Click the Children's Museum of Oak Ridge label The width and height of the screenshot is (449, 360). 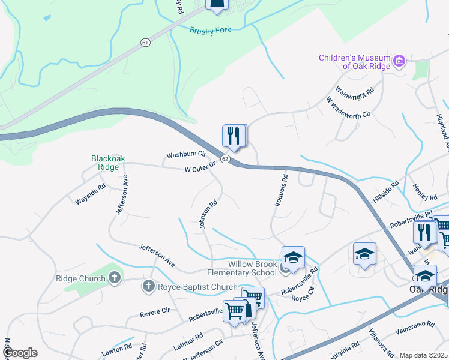point(354,62)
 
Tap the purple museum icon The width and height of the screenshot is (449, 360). point(399,60)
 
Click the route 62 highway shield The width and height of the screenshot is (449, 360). point(225,159)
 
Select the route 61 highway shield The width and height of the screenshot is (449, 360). point(146,42)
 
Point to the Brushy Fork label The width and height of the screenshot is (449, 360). point(209,31)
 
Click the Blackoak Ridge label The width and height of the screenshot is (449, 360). point(109,163)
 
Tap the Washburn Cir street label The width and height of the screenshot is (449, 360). point(186,155)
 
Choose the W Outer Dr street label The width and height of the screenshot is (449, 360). point(200,169)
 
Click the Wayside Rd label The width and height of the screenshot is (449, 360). point(91,193)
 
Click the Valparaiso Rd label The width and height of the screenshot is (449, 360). point(415,328)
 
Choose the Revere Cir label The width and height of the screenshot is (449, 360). point(155,313)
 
